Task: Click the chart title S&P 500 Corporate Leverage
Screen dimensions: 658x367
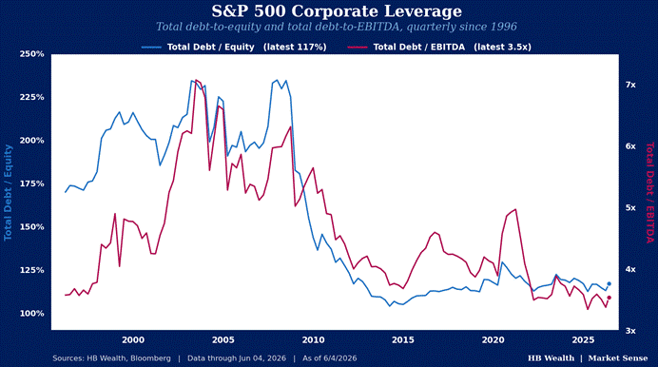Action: pyautogui.click(x=337, y=11)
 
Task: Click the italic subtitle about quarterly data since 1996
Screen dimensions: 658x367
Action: pyautogui.click(x=337, y=27)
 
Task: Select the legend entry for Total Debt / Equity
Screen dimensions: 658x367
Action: pyautogui.click(x=234, y=47)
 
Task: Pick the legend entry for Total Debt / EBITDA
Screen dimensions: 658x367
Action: pyautogui.click(x=439, y=47)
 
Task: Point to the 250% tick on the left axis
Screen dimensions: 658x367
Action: pyautogui.click(x=32, y=54)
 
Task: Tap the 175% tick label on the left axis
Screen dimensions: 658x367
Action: pyautogui.click(x=32, y=183)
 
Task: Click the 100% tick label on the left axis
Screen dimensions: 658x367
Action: pyautogui.click(x=32, y=314)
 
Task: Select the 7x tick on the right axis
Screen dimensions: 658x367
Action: pyautogui.click(x=630, y=85)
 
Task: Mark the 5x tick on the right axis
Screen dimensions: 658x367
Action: pyautogui.click(x=630, y=208)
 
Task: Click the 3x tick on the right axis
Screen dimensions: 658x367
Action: pyautogui.click(x=630, y=331)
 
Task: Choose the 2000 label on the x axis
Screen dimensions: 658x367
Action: pyautogui.click(x=133, y=340)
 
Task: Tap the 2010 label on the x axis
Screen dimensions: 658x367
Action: pyautogui.click(x=313, y=340)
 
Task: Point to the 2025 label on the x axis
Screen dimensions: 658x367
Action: pyautogui.click(x=583, y=340)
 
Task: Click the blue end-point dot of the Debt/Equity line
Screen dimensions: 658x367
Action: pyautogui.click(x=610, y=284)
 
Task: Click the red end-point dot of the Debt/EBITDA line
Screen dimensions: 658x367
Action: pyautogui.click(x=610, y=298)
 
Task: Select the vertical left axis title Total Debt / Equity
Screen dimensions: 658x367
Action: pyautogui.click(x=8, y=192)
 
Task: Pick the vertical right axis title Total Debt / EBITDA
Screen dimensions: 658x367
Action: pyautogui.click(x=650, y=193)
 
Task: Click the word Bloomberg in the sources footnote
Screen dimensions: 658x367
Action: pyautogui.click(x=150, y=358)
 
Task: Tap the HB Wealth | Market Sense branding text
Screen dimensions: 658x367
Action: pyautogui.click(x=588, y=358)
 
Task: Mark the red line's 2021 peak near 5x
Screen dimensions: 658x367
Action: pyautogui.click(x=515, y=209)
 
